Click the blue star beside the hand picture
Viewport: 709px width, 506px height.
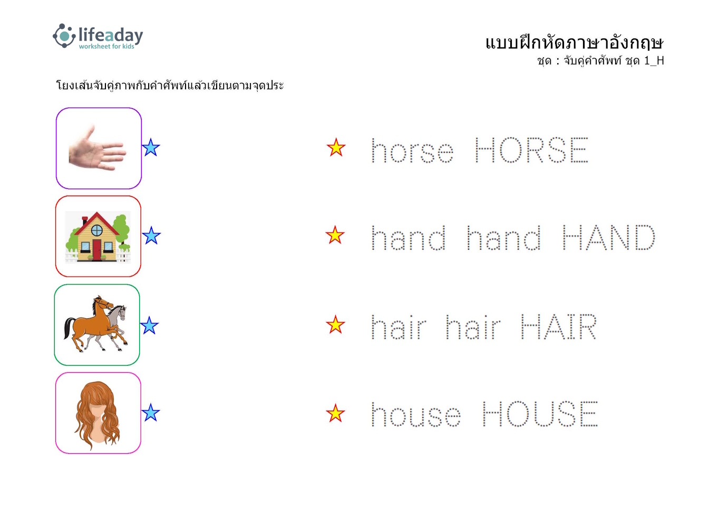[x=151, y=148]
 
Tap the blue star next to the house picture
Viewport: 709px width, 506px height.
[x=151, y=236]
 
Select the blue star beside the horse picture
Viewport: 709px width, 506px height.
[x=149, y=325]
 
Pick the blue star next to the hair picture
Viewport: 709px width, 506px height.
[x=151, y=413]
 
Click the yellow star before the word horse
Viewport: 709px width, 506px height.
[x=336, y=148]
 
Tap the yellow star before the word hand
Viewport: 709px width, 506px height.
[x=335, y=235]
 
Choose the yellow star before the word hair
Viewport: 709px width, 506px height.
[x=335, y=325]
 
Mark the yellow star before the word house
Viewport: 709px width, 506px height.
[x=335, y=413]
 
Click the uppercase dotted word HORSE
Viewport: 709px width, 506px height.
[x=531, y=150]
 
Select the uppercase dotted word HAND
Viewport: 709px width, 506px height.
[x=608, y=237]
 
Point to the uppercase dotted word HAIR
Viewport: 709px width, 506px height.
[x=559, y=327]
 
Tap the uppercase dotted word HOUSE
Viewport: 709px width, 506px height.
[x=540, y=414]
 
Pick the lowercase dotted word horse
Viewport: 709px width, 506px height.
[x=412, y=151]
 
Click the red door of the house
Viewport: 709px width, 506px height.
[x=97, y=249]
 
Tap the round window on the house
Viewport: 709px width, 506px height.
[x=97, y=230]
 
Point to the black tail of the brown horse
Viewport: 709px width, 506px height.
[x=69, y=328]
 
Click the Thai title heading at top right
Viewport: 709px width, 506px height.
[x=574, y=43]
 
